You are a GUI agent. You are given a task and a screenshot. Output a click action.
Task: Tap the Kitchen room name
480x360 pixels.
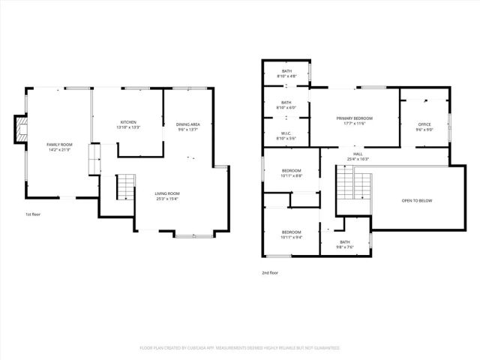[x=128, y=122]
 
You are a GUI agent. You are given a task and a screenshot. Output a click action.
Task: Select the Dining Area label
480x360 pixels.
[x=187, y=124]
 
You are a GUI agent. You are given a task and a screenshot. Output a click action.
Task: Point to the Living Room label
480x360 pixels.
[x=167, y=193]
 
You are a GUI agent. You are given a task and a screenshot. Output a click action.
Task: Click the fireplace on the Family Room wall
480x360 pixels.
[x=21, y=130]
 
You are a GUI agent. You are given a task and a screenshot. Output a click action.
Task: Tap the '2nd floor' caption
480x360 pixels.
[x=270, y=273]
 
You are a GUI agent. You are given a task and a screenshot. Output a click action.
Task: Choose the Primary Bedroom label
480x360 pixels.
[x=355, y=118]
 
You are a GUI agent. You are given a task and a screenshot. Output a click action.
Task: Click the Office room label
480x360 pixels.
[x=424, y=124]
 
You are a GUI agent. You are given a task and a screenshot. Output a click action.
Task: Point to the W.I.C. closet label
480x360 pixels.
[x=286, y=135]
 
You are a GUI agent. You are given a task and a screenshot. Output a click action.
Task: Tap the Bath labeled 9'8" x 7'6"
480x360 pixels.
[x=344, y=242]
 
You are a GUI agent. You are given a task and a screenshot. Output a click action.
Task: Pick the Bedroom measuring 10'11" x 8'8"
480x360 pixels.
[x=291, y=171]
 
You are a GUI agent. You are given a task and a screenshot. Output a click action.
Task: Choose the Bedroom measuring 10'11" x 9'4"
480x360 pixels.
[x=291, y=232]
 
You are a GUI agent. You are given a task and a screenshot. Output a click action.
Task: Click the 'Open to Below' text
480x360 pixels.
[x=417, y=201]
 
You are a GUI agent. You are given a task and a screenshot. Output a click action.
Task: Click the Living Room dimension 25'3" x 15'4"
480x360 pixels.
[x=167, y=198]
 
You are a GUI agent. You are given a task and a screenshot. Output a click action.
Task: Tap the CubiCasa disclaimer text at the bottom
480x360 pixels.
[x=240, y=348]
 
